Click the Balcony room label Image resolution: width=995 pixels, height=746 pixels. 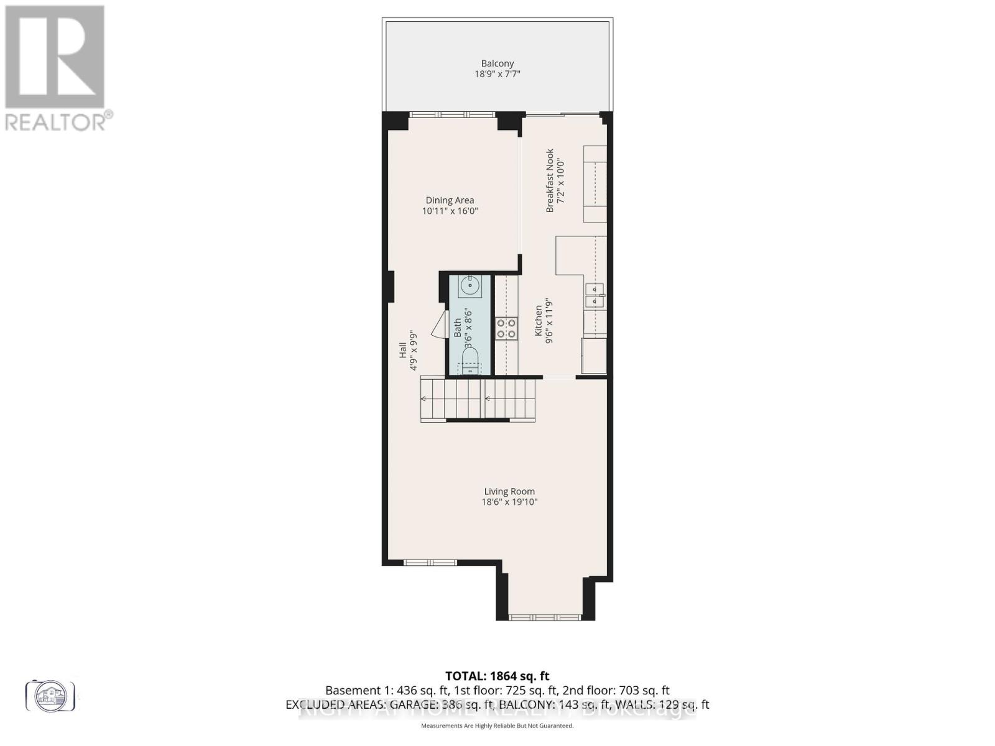497,63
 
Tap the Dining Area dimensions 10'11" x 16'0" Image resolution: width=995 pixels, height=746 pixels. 450,211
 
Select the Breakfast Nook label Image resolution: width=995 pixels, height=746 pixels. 550,180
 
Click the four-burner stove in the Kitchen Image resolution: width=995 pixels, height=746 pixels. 506,328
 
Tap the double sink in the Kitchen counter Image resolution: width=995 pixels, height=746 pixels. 595,295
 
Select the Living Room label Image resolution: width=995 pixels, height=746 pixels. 509,491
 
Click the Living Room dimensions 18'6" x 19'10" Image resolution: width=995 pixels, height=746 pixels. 509,502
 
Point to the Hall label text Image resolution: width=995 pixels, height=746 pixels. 402,351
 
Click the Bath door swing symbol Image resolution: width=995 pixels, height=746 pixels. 438,325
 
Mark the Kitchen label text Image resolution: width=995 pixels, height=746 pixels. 539,321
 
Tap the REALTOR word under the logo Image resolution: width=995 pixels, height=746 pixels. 56,121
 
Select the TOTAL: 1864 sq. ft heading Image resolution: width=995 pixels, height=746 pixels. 497,676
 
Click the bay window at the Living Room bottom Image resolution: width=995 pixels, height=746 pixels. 545,617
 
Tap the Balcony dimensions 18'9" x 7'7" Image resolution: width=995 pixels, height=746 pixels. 497,74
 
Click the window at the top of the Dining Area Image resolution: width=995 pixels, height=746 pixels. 452,114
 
